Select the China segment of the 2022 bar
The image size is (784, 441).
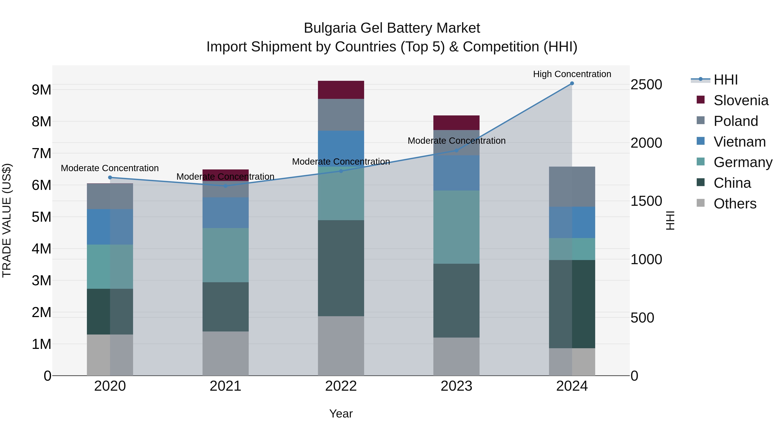[x=341, y=268]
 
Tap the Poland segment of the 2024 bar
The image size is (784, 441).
[x=572, y=187]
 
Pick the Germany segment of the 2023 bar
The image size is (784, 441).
[x=456, y=227]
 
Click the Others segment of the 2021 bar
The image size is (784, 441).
[x=226, y=353]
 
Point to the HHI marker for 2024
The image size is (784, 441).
[x=572, y=83]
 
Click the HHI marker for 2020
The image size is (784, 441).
[x=110, y=177]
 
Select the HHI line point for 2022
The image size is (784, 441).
[x=341, y=171]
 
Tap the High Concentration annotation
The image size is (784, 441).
[x=572, y=74]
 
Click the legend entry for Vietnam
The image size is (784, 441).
[x=739, y=142]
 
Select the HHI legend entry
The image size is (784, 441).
[x=726, y=80]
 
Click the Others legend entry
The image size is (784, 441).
[x=735, y=204]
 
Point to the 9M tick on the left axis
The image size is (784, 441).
[x=41, y=90]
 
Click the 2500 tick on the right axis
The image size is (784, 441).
[x=646, y=85]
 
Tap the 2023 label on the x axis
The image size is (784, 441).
[x=456, y=386]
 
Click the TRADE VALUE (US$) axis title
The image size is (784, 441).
[x=7, y=220]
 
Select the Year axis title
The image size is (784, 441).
[x=341, y=414]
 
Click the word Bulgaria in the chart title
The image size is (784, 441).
[x=330, y=28]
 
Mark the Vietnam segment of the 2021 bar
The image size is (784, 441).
[x=226, y=212]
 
